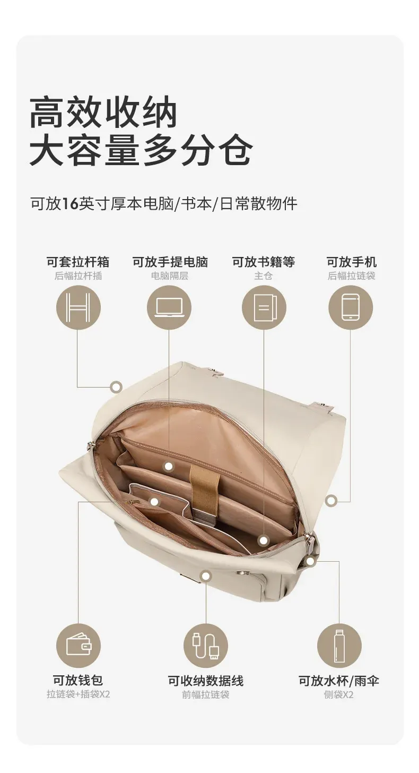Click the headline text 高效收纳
[103, 113]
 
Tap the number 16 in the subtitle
[71, 204]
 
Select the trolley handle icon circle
[78, 307]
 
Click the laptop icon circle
[169, 307]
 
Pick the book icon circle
[264, 307]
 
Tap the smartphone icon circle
[351, 307]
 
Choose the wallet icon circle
[78, 646]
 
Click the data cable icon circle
[206, 646]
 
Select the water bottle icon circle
[339, 646]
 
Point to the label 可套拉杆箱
[78, 262]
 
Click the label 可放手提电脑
[170, 262]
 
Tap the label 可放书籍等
[264, 262]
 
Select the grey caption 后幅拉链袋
[351, 276]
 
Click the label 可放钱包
[78, 680]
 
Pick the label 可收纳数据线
[206, 681]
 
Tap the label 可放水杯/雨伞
[339, 681]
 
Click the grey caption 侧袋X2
[339, 694]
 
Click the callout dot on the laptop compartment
[168, 467]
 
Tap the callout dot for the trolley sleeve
[117, 387]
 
